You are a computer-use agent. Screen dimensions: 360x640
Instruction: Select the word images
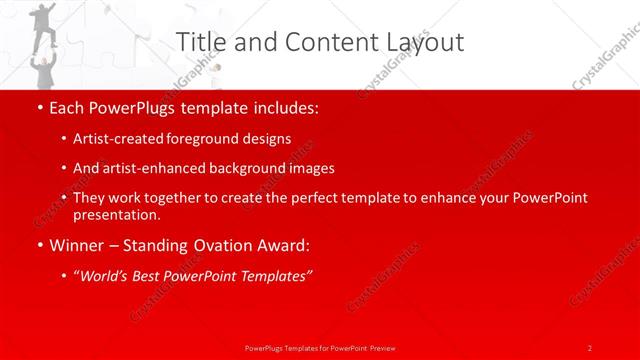click(x=310, y=168)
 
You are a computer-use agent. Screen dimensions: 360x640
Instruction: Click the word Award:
click(x=284, y=245)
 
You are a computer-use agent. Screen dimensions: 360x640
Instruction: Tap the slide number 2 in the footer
click(x=589, y=347)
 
